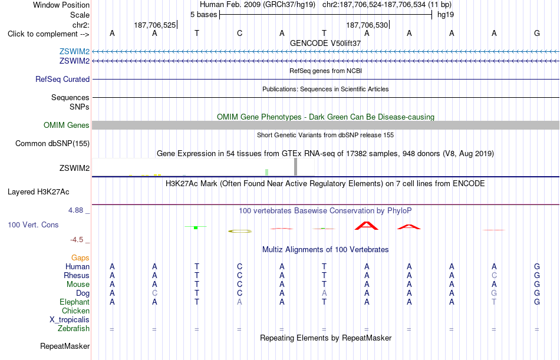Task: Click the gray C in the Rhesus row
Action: [494, 275]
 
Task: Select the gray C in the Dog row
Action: [154, 293]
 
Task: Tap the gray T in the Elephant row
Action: [494, 302]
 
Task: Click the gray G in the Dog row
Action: [494, 293]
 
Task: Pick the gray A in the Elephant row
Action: [239, 302]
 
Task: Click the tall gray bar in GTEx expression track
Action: [295, 167]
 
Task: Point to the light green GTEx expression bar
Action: [267, 172]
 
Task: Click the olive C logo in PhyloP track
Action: [240, 232]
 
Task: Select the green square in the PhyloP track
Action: [196, 227]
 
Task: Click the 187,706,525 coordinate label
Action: [154, 25]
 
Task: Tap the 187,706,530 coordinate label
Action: [367, 25]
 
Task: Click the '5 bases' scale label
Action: [203, 15]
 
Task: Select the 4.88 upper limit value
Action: [75, 210]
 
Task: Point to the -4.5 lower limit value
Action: [77, 240]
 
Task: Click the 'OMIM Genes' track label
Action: [67, 125]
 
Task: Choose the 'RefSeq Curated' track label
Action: [62, 80]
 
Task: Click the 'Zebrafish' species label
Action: [74, 329]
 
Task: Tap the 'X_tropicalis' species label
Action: [70, 320]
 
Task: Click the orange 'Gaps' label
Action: [80, 258]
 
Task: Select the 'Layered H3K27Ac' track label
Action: [38, 192]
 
